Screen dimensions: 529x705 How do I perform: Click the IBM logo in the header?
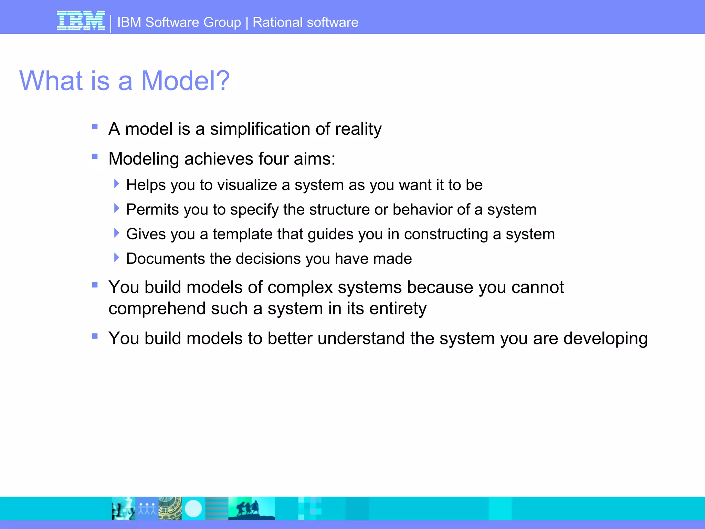[x=81, y=21]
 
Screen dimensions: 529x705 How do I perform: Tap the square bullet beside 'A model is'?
[x=95, y=127]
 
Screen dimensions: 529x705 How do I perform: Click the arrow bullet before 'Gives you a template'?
[x=117, y=233]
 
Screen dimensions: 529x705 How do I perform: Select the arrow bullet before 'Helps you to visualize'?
[x=117, y=184]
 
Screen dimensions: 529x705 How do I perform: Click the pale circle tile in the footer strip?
[x=193, y=508]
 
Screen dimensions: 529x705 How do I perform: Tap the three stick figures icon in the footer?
[x=147, y=508]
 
